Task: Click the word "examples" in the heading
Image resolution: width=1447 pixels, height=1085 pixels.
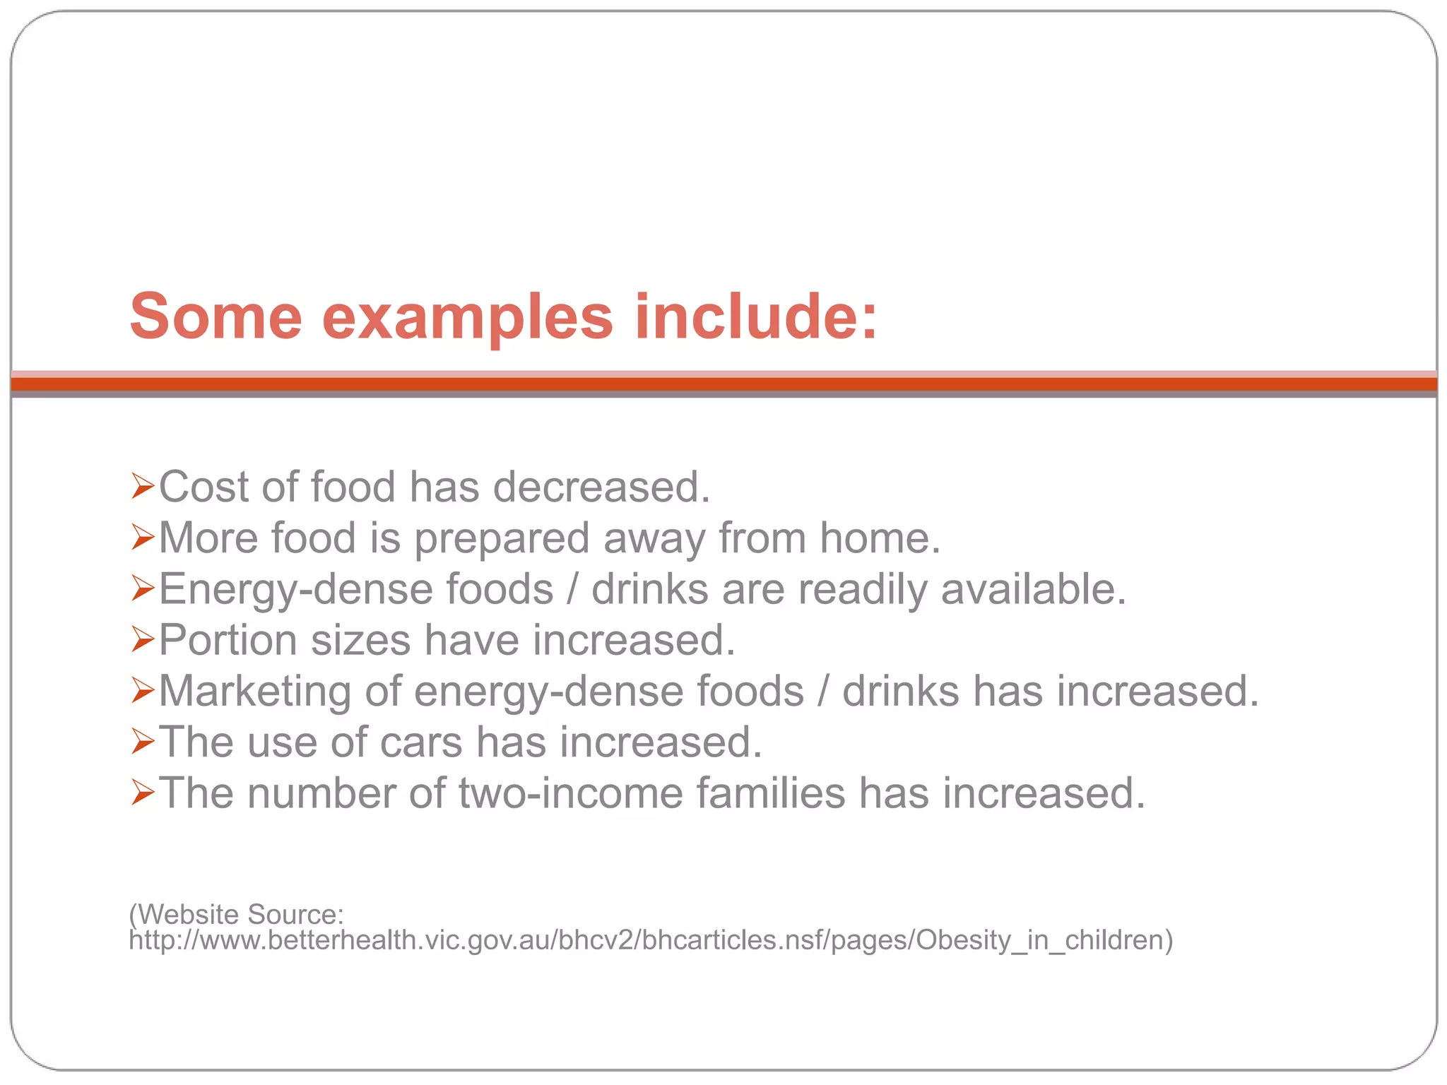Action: tap(467, 318)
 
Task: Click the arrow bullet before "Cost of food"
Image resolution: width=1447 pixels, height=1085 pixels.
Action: tap(143, 487)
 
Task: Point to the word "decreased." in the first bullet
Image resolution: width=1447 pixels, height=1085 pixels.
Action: tap(601, 487)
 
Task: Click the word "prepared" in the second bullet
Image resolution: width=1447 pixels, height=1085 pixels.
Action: tap(502, 539)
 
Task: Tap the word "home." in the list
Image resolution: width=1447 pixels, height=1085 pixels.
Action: tap(880, 538)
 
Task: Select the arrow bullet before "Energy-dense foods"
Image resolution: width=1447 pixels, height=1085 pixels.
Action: tap(143, 588)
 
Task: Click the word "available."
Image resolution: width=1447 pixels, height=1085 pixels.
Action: tap(1033, 588)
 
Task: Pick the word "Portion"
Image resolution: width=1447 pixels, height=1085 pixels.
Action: tap(228, 640)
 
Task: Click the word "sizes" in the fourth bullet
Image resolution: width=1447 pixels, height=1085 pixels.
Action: tap(360, 640)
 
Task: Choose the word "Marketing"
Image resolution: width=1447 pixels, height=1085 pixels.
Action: tap(255, 691)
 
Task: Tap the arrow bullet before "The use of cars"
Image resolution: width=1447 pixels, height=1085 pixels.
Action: tap(143, 742)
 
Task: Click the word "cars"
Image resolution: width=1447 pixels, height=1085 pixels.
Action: tap(421, 742)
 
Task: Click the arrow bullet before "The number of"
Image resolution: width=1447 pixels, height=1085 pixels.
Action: tap(143, 793)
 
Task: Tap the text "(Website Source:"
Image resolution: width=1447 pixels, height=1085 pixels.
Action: tap(237, 914)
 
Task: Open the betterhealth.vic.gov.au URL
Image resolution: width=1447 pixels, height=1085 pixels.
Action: tap(650, 941)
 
